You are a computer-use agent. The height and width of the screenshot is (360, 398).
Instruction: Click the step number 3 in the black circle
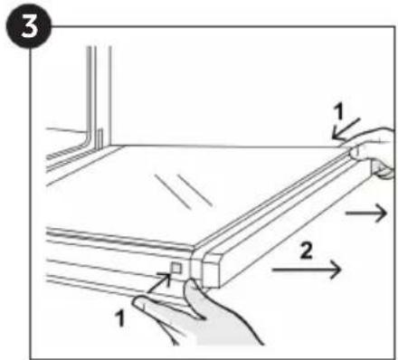(29, 26)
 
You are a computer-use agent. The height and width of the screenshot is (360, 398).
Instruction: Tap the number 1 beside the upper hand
(339, 111)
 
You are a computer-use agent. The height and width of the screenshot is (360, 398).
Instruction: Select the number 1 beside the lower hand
(120, 318)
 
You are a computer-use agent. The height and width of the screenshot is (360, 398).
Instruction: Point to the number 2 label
(307, 251)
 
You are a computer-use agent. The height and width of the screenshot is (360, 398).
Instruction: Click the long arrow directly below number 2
(307, 270)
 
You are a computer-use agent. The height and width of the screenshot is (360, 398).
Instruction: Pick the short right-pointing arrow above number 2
(366, 213)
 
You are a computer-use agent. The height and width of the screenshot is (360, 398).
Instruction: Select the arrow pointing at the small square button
(160, 282)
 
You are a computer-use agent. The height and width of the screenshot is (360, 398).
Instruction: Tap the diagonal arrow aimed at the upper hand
(346, 129)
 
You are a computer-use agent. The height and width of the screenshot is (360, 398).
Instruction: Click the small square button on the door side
(176, 268)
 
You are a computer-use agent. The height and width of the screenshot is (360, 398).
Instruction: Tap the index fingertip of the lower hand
(139, 301)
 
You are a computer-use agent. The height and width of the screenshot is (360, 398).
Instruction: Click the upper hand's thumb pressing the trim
(355, 150)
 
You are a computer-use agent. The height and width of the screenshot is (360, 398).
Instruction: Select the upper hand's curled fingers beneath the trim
(383, 169)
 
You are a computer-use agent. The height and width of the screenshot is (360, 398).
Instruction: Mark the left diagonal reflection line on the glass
(173, 192)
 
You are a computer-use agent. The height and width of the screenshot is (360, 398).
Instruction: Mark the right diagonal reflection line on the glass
(194, 191)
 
